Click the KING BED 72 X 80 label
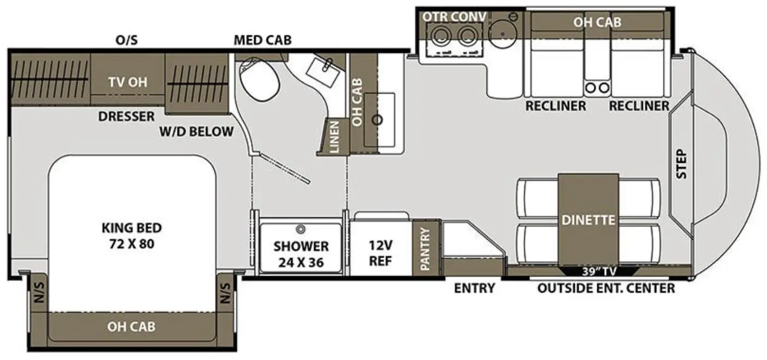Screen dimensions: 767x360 (x=132, y=236)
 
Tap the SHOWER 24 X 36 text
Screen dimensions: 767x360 (x=301, y=254)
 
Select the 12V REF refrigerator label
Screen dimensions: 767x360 (x=381, y=253)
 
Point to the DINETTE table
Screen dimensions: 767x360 (x=588, y=220)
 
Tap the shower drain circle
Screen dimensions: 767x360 (x=301, y=229)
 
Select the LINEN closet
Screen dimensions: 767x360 (x=334, y=137)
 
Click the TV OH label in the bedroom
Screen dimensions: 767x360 (x=128, y=82)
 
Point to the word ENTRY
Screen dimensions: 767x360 (x=474, y=289)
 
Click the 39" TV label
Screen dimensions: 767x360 (x=599, y=272)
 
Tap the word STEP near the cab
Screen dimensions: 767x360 (x=682, y=164)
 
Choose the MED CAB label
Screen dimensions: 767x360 (x=262, y=40)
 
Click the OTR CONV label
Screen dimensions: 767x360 (x=454, y=17)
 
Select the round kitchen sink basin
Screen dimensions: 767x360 (x=502, y=34)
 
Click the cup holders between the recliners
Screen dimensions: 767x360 (x=597, y=88)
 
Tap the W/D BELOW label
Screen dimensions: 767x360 (x=197, y=132)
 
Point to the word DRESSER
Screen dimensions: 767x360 (x=126, y=117)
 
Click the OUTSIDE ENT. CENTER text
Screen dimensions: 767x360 (x=606, y=289)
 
